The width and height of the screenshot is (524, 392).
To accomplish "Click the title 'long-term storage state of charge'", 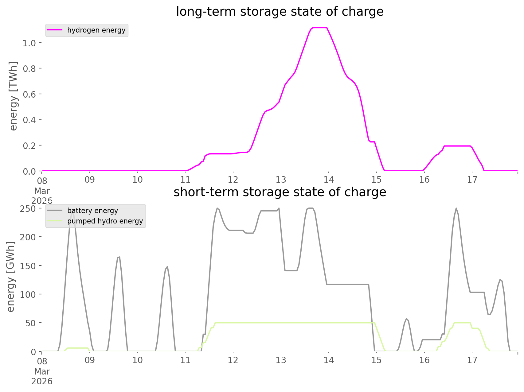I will point(280,12).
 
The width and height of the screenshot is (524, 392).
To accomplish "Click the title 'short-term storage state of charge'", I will point(280,192).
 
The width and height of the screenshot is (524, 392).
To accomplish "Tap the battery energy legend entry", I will point(92,211).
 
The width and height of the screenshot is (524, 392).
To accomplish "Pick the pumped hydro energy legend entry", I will point(105,221).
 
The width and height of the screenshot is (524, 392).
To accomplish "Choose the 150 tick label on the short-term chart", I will point(28,266).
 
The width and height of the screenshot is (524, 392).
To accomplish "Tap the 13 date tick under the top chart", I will point(281,180).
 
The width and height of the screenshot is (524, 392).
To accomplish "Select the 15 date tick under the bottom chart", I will point(376,360).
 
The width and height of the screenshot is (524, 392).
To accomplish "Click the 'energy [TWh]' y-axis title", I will point(14,96).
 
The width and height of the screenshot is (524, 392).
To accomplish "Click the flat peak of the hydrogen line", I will point(319,28).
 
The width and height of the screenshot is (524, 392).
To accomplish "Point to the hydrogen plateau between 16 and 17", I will point(458,146).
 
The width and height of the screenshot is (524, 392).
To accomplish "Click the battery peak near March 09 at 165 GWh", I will point(119,257).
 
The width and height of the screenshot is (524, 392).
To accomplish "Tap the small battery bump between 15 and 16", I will point(406,319).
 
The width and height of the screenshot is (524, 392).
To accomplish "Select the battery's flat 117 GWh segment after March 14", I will point(347,285).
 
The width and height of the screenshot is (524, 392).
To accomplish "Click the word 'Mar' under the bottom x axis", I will point(42,371).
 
